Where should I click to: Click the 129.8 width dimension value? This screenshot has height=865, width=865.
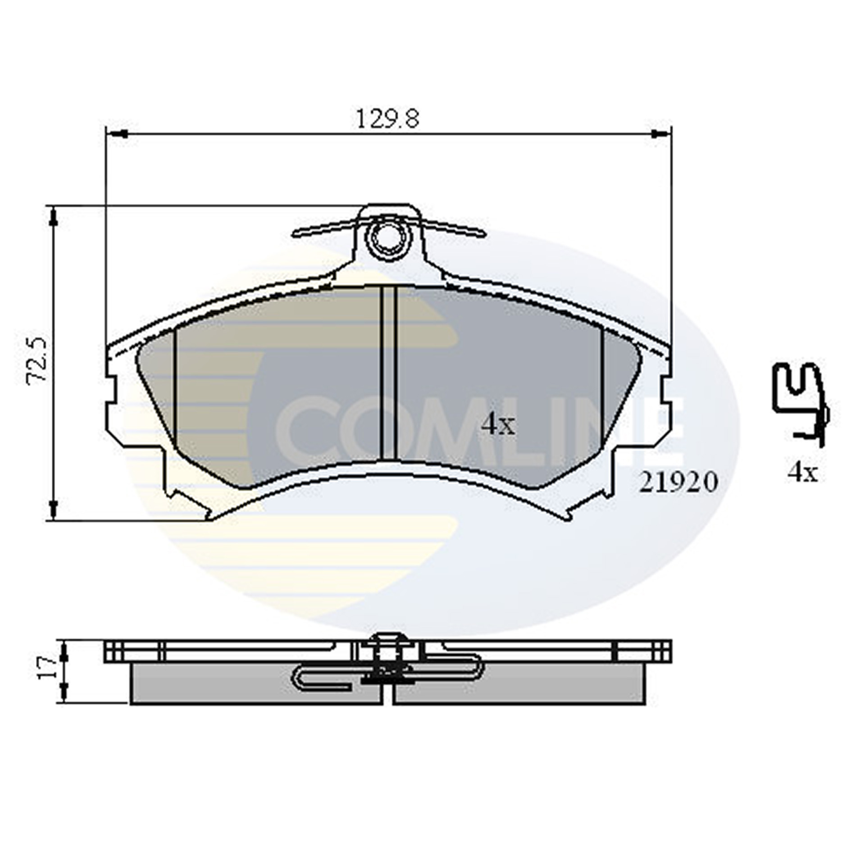pos(387,119)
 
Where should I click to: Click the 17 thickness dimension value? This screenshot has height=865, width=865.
pos(46,668)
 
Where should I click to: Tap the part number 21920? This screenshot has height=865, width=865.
pos(678,483)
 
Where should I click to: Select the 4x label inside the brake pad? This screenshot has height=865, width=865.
pos(497,425)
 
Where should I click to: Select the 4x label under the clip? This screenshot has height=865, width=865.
pos(802,473)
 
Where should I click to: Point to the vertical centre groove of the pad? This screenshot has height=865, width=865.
pos(388,374)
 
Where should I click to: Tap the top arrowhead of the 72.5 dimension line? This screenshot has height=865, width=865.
pos(54,219)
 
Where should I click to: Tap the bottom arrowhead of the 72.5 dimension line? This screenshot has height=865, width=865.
pos(54,509)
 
